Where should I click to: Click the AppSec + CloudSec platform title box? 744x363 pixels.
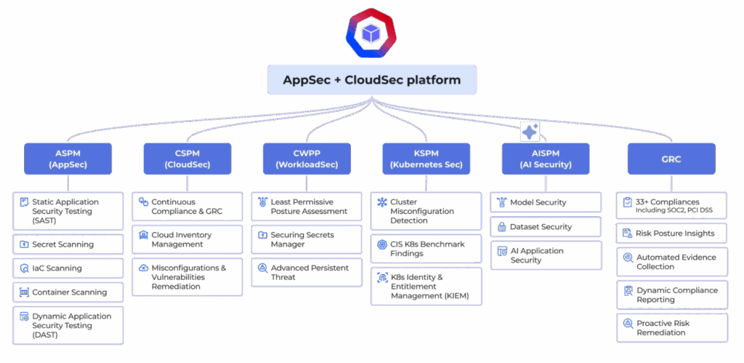point(371,80)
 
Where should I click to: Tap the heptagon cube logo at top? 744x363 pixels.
point(371,33)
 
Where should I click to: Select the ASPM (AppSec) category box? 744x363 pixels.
point(68,159)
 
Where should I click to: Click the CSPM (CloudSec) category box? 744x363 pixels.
point(187,159)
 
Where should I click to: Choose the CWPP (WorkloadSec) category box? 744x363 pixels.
point(306,159)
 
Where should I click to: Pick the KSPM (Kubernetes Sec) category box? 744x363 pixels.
point(426,159)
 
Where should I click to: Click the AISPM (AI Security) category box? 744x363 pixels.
point(545,159)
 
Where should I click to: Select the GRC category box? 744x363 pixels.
point(671,159)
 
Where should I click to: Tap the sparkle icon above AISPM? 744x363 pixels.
point(530,132)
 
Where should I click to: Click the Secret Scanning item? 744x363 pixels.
point(68,244)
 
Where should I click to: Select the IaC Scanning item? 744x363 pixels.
point(68,268)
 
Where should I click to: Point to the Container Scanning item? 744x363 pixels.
point(68,292)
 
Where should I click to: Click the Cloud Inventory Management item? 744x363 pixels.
point(187,239)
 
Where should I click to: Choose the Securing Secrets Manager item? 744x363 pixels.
point(306,239)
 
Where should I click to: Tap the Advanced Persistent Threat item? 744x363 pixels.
point(306,272)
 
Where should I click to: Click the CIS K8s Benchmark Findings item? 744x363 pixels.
point(426,249)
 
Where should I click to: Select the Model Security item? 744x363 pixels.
point(545,202)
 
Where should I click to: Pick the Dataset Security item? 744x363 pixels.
point(545,227)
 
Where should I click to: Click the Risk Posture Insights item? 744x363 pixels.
point(671,234)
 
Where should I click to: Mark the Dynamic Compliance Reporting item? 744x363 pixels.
point(671,295)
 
